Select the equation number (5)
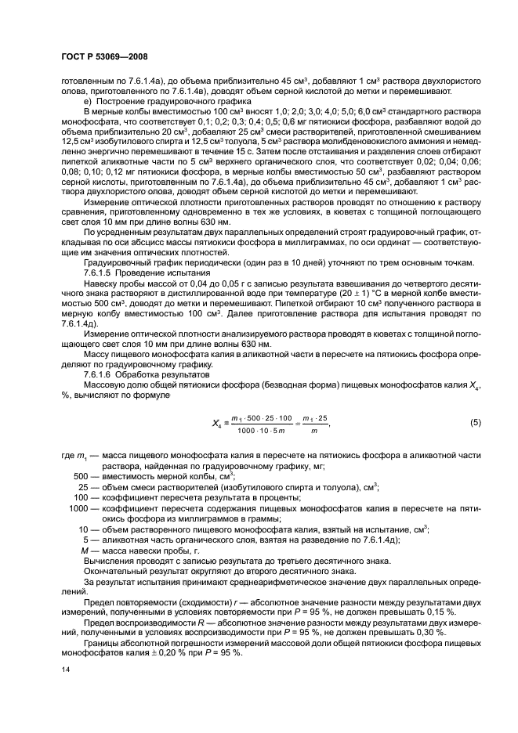474,423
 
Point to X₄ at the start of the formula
218,424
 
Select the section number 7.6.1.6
100,374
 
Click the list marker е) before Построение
88,103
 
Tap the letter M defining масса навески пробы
85,550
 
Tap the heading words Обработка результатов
160,374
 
